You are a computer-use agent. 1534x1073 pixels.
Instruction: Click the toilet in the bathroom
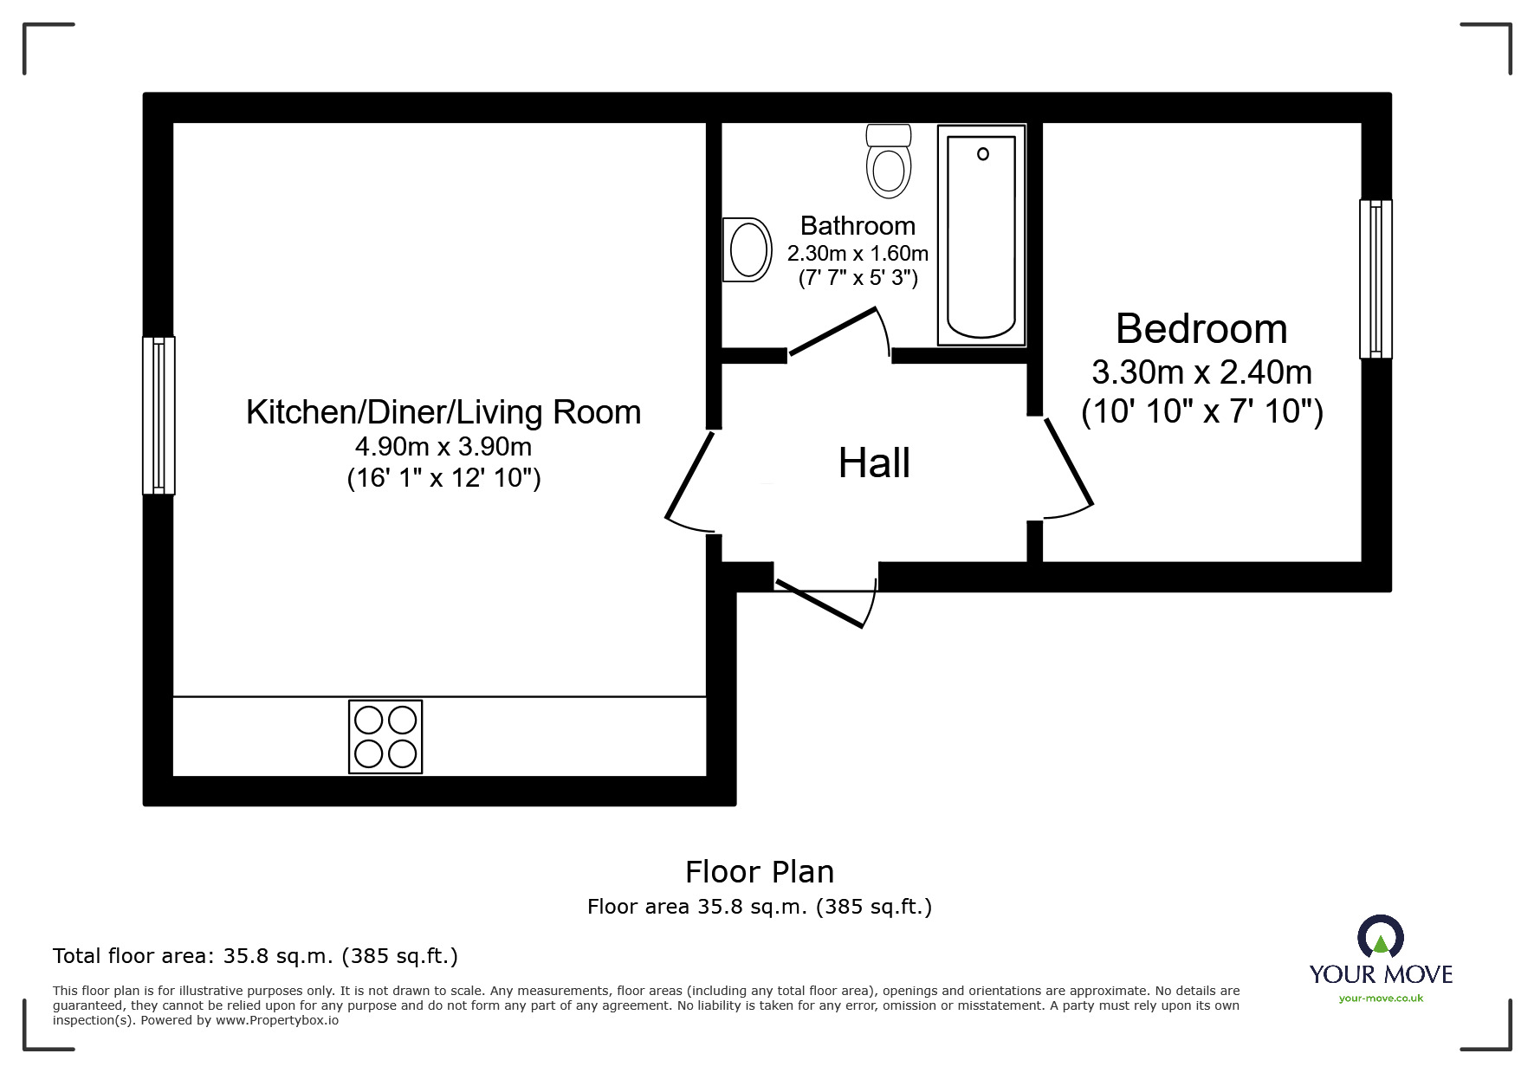pyautogui.click(x=889, y=162)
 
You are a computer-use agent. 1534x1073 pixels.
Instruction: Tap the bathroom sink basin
pyautogui.click(x=748, y=249)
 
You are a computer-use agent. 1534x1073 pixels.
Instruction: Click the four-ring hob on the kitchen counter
pyautogui.click(x=385, y=736)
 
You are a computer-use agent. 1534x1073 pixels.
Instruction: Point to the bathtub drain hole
pyautogui.click(x=982, y=154)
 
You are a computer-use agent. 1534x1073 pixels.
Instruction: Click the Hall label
pyautogui.click(x=874, y=463)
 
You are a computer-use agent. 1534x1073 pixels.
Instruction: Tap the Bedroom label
pyautogui.click(x=1201, y=329)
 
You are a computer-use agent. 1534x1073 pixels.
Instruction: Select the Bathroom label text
pyautogui.click(x=858, y=226)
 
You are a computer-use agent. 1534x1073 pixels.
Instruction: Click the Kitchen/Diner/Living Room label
pyautogui.click(x=443, y=412)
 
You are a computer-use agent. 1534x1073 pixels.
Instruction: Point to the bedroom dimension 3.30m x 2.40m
pyautogui.click(x=1201, y=372)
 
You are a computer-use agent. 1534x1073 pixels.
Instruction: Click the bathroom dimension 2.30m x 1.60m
pyautogui.click(x=858, y=254)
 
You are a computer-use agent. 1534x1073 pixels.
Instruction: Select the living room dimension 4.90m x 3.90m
pyautogui.click(x=443, y=447)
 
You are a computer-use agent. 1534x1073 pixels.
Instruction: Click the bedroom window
pyautogui.click(x=1375, y=279)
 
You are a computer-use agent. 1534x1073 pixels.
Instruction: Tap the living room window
pyautogui.click(x=159, y=416)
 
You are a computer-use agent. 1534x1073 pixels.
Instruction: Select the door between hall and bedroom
pyautogui.click(x=1069, y=462)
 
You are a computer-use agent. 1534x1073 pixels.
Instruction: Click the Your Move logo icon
pyautogui.click(x=1380, y=937)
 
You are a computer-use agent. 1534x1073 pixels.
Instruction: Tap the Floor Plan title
pyautogui.click(x=760, y=872)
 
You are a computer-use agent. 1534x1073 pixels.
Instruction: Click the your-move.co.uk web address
pyautogui.click(x=1381, y=999)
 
